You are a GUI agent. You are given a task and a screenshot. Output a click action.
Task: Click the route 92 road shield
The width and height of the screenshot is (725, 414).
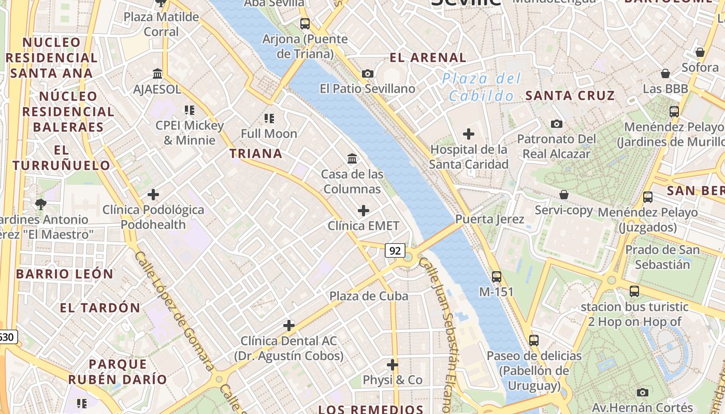pos(395,251)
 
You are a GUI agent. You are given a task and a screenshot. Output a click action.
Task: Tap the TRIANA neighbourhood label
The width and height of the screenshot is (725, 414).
pos(256,153)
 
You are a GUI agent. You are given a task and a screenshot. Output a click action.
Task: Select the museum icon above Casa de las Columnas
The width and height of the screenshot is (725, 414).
pos(352,158)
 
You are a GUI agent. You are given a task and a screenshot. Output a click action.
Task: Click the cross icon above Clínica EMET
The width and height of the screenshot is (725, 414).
pos(364,211)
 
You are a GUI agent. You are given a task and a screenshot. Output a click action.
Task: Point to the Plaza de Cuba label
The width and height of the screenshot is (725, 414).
pos(369,296)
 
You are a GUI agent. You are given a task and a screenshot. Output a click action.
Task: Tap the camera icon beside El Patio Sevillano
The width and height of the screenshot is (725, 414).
pos(368,73)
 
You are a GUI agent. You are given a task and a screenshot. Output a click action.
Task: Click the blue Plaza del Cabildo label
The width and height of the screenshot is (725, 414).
pos(482,87)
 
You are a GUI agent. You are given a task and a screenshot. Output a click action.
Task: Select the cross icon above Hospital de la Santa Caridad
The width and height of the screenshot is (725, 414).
pos(469,134)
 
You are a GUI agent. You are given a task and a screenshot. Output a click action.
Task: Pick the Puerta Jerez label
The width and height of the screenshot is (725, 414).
pos(489,219)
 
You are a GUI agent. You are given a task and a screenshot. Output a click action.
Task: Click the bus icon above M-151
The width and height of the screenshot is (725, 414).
pos(497,276)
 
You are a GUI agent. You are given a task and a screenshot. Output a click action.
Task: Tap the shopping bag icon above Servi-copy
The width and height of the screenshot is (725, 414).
pos(564,195)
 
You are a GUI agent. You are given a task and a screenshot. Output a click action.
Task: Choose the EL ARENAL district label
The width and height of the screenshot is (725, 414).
pos(428,57)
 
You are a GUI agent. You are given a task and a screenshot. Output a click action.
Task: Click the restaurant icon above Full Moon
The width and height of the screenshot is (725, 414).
pos(269,118)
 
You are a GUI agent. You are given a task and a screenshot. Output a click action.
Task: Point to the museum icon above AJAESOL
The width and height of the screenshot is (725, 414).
pos(157,73)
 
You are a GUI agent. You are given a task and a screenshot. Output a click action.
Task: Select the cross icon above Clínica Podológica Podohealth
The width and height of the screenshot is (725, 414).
pos(153,195)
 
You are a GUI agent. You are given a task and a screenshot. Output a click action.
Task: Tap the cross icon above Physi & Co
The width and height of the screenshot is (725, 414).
pos(393,365)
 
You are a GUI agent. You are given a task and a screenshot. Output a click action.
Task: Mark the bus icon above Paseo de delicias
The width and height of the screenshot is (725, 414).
pos(534,341)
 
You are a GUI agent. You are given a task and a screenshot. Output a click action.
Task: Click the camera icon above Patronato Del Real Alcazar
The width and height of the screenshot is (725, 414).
pos(557,124)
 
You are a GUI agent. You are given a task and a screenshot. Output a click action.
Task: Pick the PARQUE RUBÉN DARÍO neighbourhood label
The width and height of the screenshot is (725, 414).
pos(118,372)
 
